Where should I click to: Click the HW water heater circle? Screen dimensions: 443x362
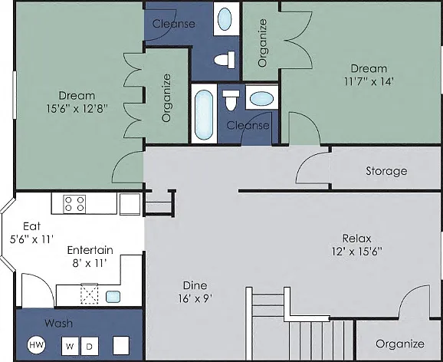click(37, 345)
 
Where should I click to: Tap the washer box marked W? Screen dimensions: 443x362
click(70, 346)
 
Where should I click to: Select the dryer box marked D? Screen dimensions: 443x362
click(90, 346)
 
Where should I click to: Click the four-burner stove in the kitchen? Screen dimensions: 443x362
click(74, 204)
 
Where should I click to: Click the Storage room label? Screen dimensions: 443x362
click(386, 171)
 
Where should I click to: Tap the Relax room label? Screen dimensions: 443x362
click(357, 239)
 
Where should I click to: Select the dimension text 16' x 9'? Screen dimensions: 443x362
click(195, 298)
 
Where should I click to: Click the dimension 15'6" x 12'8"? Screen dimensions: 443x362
click(77, 109)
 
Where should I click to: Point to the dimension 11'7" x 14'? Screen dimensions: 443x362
click(369, 82)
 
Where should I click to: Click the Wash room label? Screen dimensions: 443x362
click(59, 323)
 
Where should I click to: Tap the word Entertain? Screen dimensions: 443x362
click(90, 250)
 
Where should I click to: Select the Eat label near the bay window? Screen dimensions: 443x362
click(31, 226)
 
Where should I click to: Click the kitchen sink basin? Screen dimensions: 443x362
click(113, 297)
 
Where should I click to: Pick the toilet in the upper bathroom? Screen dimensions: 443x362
click(225, 60)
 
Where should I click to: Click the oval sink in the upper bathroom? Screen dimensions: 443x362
click(225, 19)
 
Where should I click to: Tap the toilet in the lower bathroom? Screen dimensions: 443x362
click(231, 100)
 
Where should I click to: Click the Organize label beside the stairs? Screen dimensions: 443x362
click(400, 344)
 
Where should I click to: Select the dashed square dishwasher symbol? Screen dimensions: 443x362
click(90, 295)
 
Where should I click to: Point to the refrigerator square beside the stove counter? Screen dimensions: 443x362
click(130, 204)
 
